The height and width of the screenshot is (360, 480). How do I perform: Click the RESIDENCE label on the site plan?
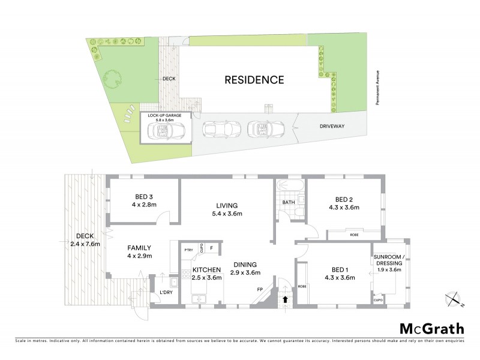coord(254,79)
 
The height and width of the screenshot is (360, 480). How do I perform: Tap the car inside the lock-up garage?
coord(166,130)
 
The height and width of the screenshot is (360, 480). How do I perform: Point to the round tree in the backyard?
coord(112,78)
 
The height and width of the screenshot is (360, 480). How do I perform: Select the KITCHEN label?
coord(206,269)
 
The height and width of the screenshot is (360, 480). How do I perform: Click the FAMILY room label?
coord(139,248)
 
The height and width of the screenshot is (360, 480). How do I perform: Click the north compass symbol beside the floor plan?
coord(453,298)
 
